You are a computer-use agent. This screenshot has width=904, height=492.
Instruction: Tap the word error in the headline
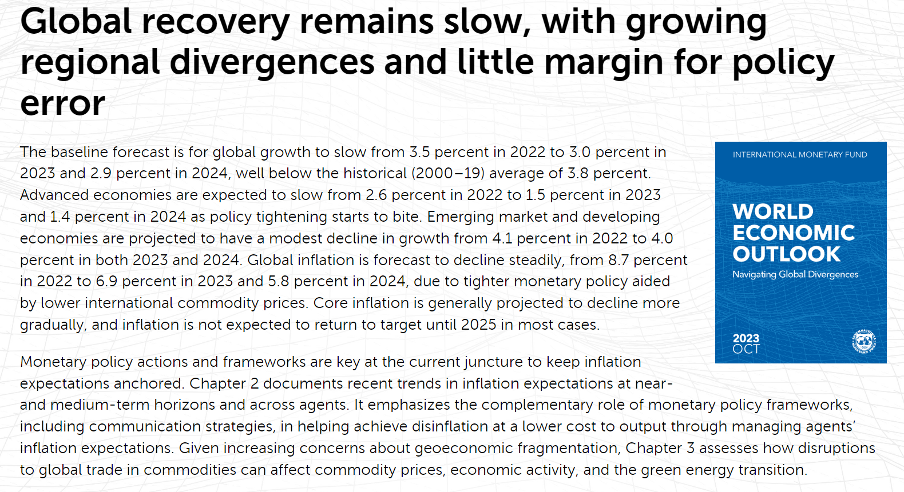tap(62, 103)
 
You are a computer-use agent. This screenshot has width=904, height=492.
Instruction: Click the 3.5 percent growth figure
tap(419, 152)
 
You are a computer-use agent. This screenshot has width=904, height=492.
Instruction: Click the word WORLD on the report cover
tap(773, 211)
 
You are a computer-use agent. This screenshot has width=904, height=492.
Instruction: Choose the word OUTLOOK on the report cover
tap(787, 254)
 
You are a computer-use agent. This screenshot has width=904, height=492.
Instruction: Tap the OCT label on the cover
tap(746, 349)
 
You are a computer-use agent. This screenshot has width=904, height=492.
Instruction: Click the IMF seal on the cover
tap(863, 342)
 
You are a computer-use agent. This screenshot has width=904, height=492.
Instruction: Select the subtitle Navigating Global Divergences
tap(795, 274)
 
